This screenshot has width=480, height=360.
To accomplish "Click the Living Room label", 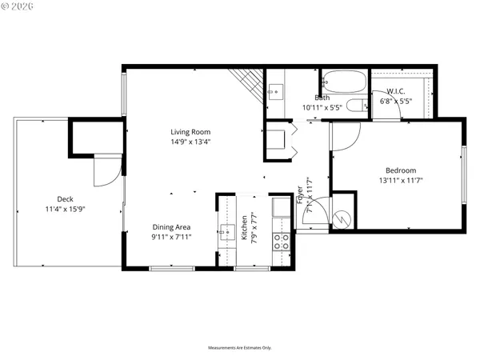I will (x=190, y=132).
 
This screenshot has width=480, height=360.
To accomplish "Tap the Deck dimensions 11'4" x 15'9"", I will (x=66, y=210).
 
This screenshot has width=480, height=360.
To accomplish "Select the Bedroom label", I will (x=400, y=170).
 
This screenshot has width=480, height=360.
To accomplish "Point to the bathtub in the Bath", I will (x=344, y=82).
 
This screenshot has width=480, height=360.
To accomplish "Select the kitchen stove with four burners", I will (x=282, y=242).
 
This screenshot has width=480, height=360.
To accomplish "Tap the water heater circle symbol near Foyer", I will (x=342, y=216).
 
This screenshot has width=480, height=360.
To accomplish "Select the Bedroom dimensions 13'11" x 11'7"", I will (x=400, y=182).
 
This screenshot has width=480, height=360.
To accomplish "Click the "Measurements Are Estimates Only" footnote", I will (x=240, y=348).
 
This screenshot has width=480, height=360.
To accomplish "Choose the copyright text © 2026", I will (x=18, y=7).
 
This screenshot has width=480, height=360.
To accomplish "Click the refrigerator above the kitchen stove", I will (x=282, y=208).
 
